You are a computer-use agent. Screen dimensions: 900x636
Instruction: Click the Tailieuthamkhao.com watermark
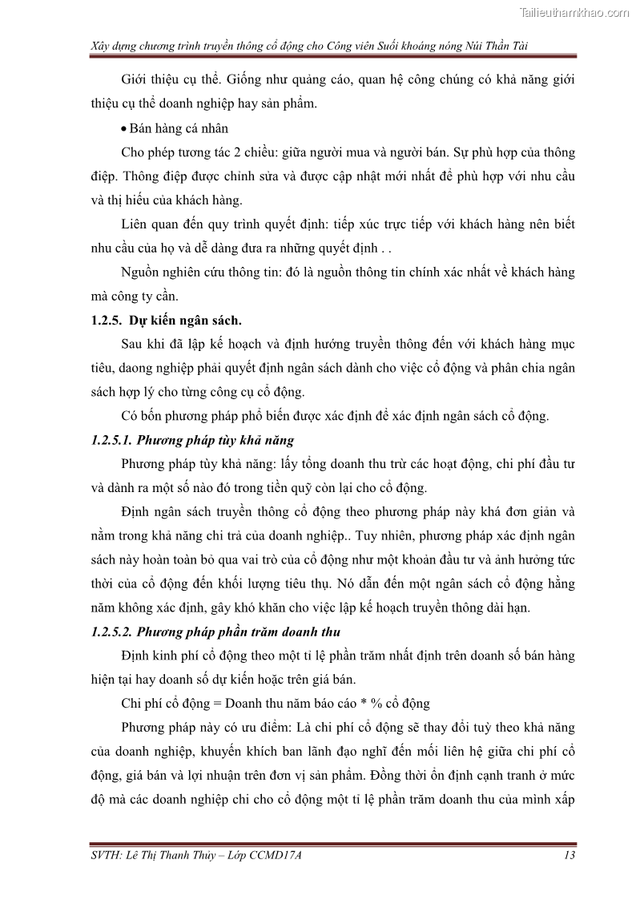(x=574, y=13)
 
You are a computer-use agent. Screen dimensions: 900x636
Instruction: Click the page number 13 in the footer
(x=570, y=855)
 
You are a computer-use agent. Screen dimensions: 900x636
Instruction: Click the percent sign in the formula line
(x=361, y=704)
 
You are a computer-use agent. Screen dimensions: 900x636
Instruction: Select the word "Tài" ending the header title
(x=517, y=46)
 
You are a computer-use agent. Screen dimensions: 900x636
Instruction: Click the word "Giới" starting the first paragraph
(x=135, y=80)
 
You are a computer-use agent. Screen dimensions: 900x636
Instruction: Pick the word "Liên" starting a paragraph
(x=135, y=224)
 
